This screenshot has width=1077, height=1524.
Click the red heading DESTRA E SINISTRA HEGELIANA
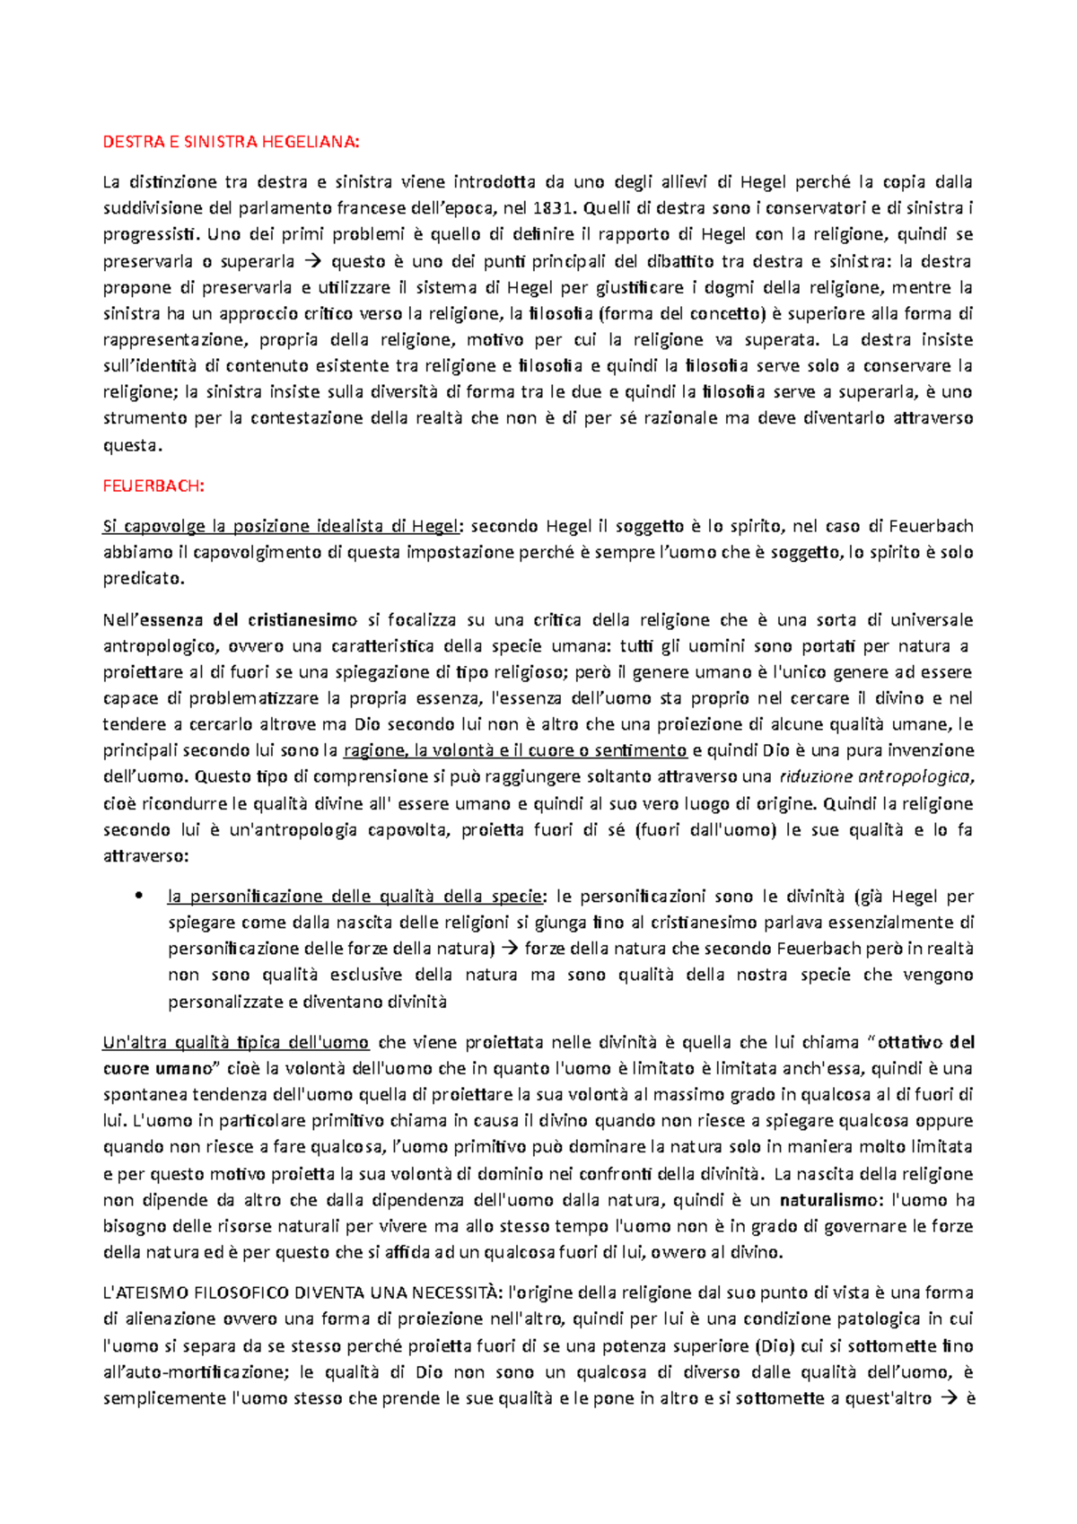point(230,142)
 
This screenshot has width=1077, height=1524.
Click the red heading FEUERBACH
point(153,486)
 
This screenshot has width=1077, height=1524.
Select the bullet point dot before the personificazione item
point(137,897)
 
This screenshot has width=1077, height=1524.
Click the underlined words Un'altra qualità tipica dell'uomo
point(235,1043)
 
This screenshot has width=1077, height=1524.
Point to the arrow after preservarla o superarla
point(312,262)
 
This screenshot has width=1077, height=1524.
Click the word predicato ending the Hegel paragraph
point(142,579)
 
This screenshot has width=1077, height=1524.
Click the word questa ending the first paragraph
point(131,445)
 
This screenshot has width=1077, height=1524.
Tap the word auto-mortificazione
point(211,1373)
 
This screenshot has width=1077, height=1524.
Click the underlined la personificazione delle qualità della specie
point(355,897)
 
